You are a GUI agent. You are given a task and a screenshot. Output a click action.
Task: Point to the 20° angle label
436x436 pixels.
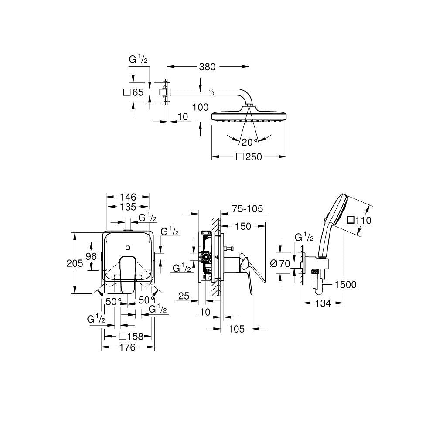[250, 142]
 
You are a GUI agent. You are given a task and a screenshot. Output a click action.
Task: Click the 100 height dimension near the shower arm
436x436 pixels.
[200, 107]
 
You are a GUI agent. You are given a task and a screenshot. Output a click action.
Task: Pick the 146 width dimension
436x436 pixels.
[128, 197]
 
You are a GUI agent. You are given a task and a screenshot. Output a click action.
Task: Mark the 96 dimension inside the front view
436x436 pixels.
[91, 256]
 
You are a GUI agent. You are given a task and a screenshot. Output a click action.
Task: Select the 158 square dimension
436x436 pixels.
[131, 336]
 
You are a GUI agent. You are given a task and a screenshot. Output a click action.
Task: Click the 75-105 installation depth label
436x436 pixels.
[248, 209]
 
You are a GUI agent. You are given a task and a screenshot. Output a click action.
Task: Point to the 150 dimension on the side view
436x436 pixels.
[243, 226]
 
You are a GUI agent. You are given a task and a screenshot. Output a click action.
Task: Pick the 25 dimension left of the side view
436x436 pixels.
[184, 296]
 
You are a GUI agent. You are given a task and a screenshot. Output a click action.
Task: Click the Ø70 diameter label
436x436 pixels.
[279, 263]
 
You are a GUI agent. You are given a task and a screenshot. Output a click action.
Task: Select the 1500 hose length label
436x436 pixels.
[346, 285]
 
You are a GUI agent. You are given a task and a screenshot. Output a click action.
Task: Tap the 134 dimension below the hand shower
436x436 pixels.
[323, 303]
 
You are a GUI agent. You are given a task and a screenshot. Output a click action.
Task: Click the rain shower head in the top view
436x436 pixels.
[249, 116]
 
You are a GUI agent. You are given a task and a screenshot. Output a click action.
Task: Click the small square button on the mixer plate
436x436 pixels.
[127, 248]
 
